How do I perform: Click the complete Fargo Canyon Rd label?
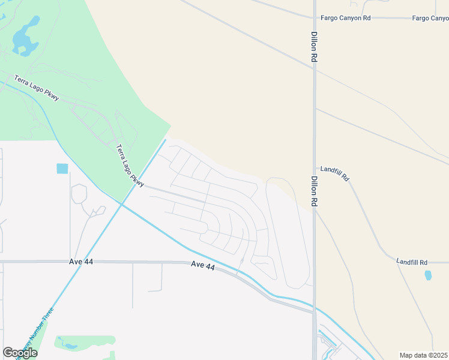tap(346, 18)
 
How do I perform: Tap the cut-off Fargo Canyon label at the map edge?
tap(430, 18)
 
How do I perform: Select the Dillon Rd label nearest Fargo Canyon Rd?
tap(313, 47)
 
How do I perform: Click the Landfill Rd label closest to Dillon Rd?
tap(334, 174)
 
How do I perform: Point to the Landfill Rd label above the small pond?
tap(412, 262)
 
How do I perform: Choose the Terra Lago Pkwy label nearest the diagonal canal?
tap(128, 164)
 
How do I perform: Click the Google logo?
tap(20, 353)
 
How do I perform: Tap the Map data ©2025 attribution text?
tap(423, 355)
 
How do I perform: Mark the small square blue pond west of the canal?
tap(62, 169)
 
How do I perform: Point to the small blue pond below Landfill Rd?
tap(427, 275)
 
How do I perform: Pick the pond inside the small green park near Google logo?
tap(70, 346)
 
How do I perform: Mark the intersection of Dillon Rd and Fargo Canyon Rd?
tap(314, 18)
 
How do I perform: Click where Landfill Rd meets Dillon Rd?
tap(315, 167)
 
